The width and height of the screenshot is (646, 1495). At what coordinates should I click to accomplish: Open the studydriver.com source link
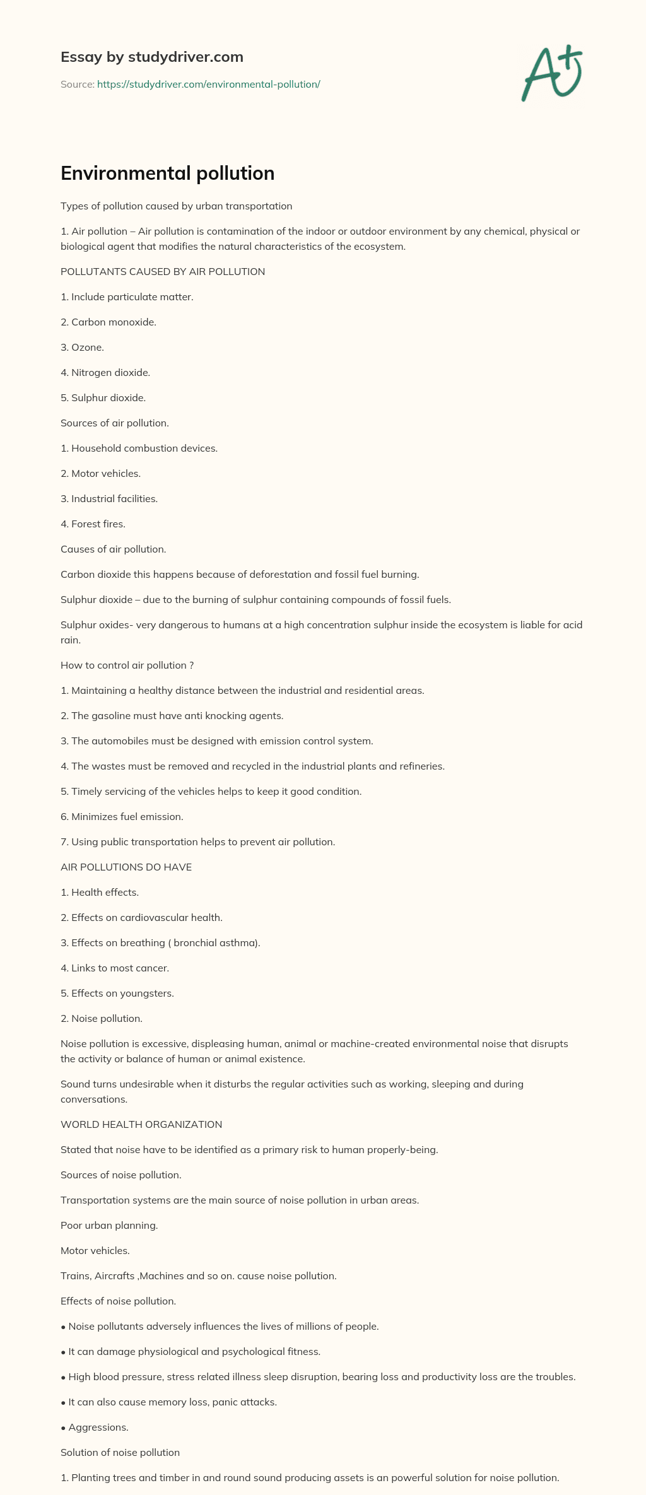(x=208, y=85)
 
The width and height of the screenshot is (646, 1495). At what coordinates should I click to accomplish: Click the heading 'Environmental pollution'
(x=167, y=173)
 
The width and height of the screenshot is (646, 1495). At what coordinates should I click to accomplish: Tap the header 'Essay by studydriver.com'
(x=151, y=57)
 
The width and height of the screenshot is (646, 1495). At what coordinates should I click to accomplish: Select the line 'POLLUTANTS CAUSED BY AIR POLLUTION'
(x=163, y=272)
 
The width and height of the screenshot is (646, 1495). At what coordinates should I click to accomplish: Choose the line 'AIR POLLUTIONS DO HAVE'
(x=126, y=867)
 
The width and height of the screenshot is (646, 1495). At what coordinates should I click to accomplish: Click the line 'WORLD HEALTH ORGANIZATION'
(x=141, y=1125)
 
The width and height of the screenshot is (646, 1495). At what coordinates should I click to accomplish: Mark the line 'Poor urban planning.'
(x=109, y=1226)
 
